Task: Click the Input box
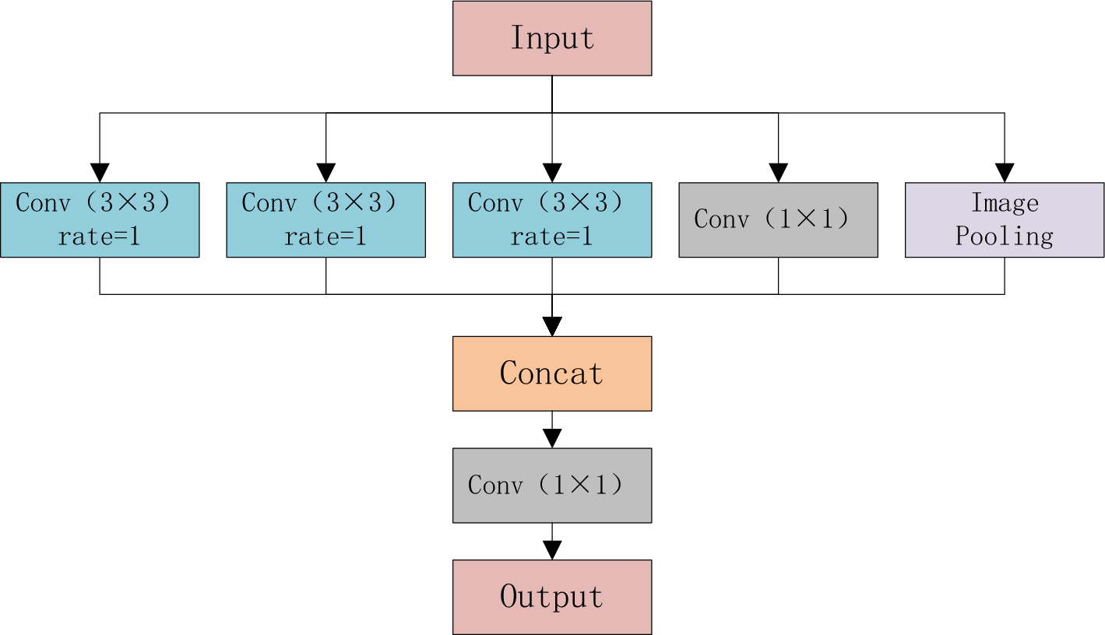[x=551, y=38]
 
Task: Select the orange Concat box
[x=551, y=374]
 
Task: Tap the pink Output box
[x=551, y=597]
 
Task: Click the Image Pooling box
[x=1004, y=219]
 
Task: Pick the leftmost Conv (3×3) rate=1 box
[x=100, y=219]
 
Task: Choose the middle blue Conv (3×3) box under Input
[x=551, y=219]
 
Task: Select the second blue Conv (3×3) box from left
[x=326, y=219]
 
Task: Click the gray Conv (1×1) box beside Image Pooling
[x=778, y=219]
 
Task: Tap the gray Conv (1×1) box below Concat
[x=551, y=485]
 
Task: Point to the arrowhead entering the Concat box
[x=551, y=327]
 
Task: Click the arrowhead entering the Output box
[x=551, y=550]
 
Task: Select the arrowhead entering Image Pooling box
[x=1004, y=173]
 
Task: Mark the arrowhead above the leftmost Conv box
[x=100, y=173]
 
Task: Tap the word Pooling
[x=1004, y=236]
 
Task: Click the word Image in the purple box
[x=1004, y=203]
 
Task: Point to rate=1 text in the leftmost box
[x=100, y=236]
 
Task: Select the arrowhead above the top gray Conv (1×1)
[x=778, y=173]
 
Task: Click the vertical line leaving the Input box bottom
[x=551, y=93]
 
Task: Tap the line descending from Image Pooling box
[x=1004, y=275]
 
